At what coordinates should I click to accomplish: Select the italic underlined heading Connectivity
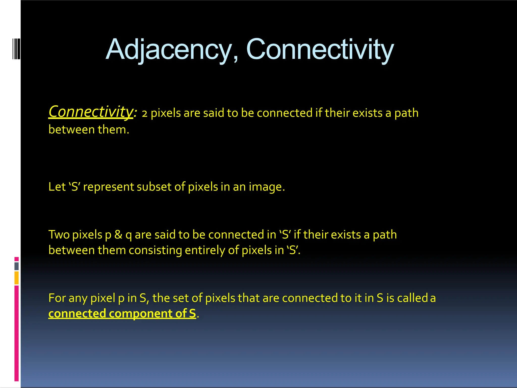point(91,112)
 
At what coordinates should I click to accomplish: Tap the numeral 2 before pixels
point(144,114)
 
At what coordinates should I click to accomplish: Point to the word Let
point(57,187)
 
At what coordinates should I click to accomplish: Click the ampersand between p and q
point(118,235)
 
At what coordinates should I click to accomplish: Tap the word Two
point(59,235)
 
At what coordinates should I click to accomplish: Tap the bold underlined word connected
point(77,313)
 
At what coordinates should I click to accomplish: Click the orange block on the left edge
point(16,278)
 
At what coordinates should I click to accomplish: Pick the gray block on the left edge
point(16,266)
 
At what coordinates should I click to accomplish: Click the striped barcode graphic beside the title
point(16,49)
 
